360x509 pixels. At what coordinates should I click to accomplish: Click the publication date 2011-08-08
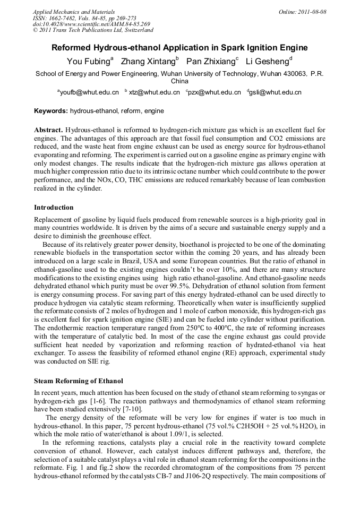point(313,12)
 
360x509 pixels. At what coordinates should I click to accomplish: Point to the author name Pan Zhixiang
point(211,62)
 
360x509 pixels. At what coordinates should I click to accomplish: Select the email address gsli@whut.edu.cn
point(275,92)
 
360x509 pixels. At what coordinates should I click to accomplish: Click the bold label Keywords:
point(51,111)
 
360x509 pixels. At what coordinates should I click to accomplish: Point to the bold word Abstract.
point(49,130)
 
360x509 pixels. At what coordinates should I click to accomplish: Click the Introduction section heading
point(54,208)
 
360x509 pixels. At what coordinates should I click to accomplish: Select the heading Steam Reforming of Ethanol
point(79,381)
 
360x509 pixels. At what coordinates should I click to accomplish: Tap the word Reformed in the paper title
point(73,48)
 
